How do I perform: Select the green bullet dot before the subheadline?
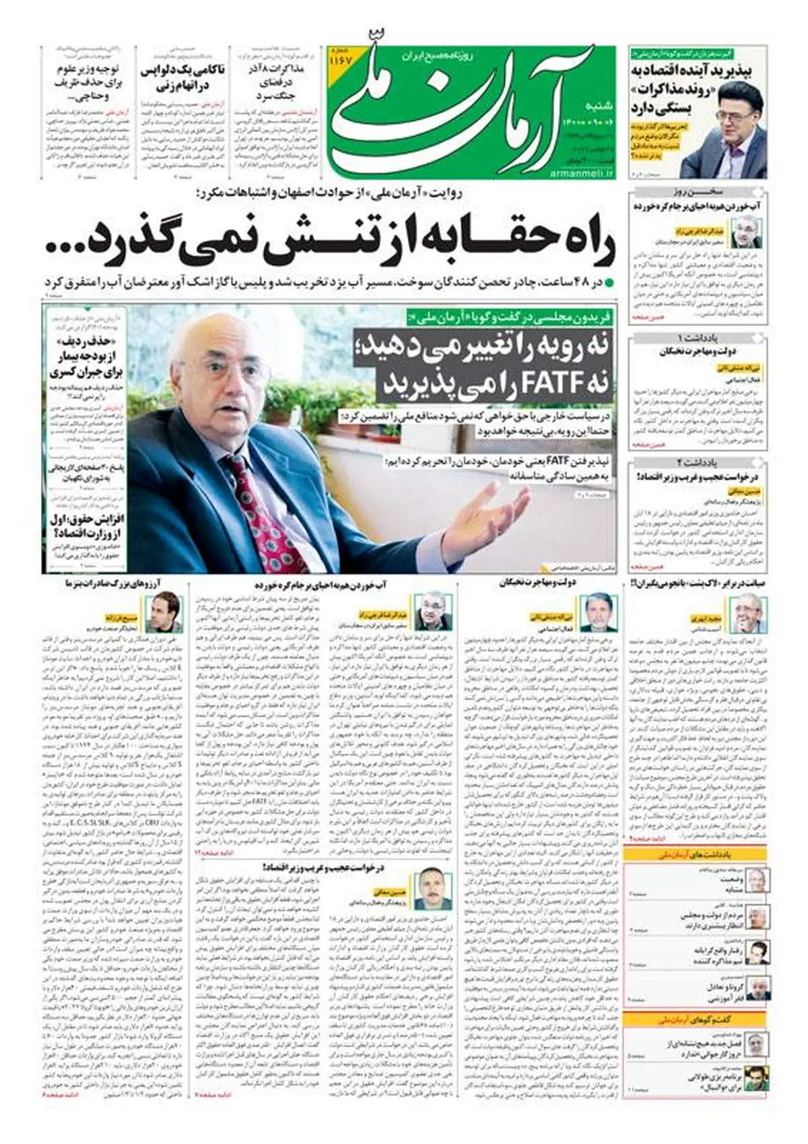609,282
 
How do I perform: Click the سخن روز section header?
698,191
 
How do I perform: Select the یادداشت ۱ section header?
698,337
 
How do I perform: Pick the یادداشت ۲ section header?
698,462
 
